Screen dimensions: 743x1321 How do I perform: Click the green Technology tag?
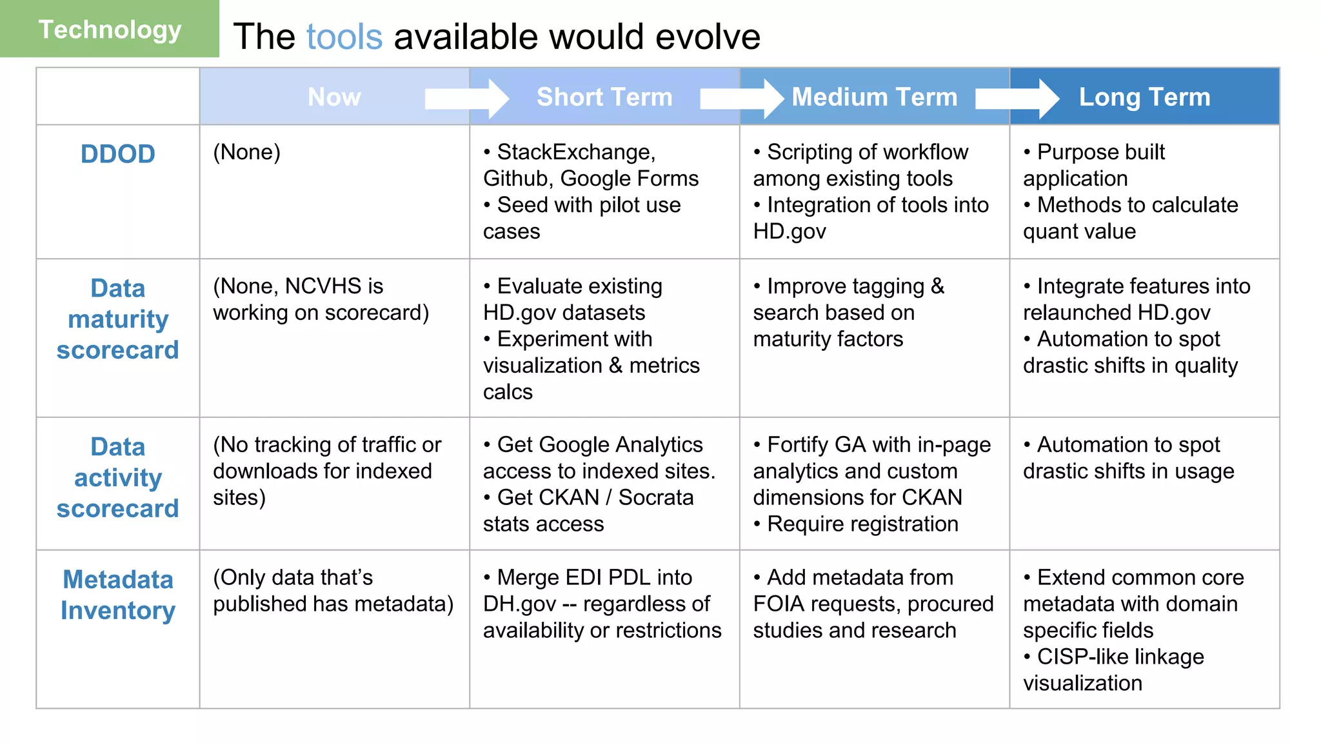110,30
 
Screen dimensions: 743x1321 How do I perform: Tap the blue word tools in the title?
344,37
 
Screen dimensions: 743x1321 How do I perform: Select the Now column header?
334,97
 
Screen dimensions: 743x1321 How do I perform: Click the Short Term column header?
604,97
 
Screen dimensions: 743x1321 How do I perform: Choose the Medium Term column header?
874,97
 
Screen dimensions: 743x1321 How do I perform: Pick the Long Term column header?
1144,97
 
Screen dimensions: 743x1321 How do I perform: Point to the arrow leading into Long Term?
1017,99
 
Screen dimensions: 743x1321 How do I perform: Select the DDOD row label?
117,154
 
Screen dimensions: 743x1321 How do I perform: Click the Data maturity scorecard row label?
117,319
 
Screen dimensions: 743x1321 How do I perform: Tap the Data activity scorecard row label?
117,477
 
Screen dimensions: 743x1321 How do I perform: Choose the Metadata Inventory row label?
117,595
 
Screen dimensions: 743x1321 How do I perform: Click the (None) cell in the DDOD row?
246,152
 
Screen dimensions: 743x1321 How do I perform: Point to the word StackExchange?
576,152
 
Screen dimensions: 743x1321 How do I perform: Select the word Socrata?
656,497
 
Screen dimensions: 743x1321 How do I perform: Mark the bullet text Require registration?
862,524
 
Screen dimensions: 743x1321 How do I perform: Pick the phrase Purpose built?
1100,152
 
